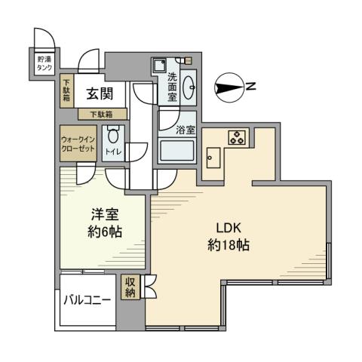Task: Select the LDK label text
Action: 230,228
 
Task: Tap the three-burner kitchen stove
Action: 237,137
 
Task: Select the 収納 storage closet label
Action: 130,287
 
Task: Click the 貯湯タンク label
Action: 45,63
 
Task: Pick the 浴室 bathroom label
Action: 185,130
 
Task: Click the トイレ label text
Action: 113,153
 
